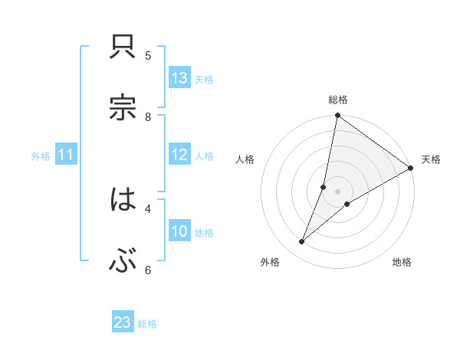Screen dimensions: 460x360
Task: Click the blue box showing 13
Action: (179, 78)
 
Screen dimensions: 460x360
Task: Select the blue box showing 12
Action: (179, 155)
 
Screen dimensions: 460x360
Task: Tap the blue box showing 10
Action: (179, 231)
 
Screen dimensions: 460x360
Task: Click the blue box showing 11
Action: (65, 155)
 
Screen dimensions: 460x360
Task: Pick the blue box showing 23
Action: (123, 322)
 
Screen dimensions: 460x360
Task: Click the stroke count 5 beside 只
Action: (148, 55)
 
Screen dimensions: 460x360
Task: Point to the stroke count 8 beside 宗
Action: (148, 116)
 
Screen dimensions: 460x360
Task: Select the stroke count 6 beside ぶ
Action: (148, 269)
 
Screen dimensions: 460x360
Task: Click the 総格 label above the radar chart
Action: (338, 100)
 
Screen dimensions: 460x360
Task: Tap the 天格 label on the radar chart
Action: (431, 159)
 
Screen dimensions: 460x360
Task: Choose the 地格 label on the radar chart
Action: (402, 262)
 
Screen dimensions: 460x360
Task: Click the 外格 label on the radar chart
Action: (270, 262)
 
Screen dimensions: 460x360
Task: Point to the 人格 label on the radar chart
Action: (245, 159)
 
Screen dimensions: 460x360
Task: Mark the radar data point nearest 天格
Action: (411, 169)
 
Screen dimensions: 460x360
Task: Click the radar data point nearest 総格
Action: (337, 116)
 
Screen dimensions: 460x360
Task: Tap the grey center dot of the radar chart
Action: (338, 191)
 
